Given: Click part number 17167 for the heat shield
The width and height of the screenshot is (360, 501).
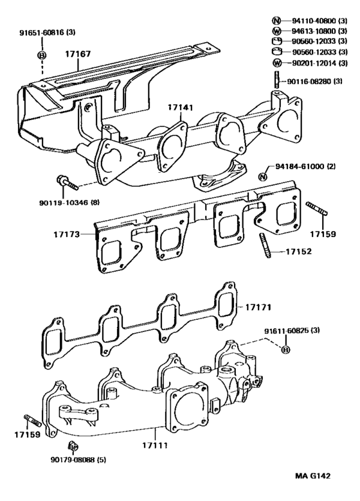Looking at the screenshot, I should [x=78, y=55].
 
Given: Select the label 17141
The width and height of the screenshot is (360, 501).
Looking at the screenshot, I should [x=181, y=107].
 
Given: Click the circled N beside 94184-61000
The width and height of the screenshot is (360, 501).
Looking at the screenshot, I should [x=263, y=177].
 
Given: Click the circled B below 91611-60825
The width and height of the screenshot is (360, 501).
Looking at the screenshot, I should [x=286, y=349].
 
